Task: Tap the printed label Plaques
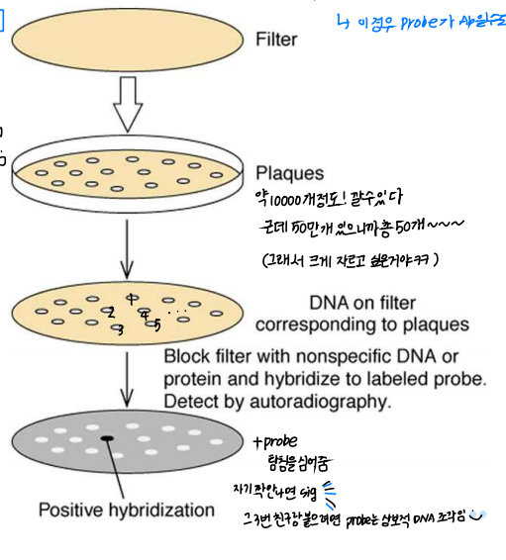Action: coord(289,173)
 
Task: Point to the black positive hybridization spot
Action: coord(107,437)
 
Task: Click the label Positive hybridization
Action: coord(126,511)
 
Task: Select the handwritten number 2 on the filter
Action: coord(112,313)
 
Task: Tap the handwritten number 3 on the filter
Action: coord(120,329)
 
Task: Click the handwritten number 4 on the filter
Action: coord(145,317)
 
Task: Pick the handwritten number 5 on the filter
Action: coord(157,324)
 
